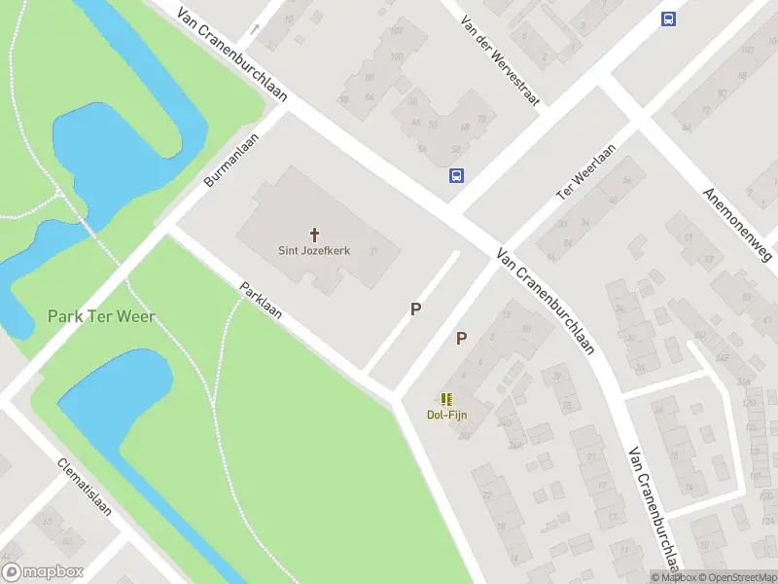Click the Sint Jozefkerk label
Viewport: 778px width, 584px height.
[315, 250]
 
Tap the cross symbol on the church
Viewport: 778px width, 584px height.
[315, 234]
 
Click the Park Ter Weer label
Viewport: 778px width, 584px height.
[101, 316]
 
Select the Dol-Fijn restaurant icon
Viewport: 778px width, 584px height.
[446, 399]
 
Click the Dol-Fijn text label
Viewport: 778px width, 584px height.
[446, 415]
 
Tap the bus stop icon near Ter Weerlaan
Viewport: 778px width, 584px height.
[456, 176]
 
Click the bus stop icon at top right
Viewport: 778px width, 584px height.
[668, 18]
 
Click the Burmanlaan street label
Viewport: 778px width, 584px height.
[231, 161]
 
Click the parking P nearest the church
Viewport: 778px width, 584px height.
[415, 309]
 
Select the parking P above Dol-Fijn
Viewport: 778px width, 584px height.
[462, 339]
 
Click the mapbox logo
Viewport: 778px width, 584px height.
[43, 572]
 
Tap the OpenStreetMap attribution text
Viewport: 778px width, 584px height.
[734, 577]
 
